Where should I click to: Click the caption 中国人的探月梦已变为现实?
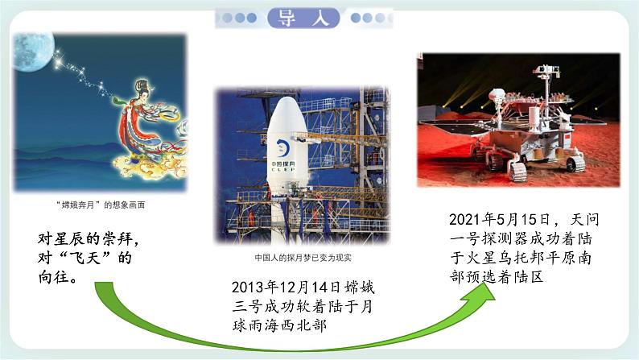point(303,259)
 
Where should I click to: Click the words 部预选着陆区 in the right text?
point(498,277)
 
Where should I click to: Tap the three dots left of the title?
point(241,18)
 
